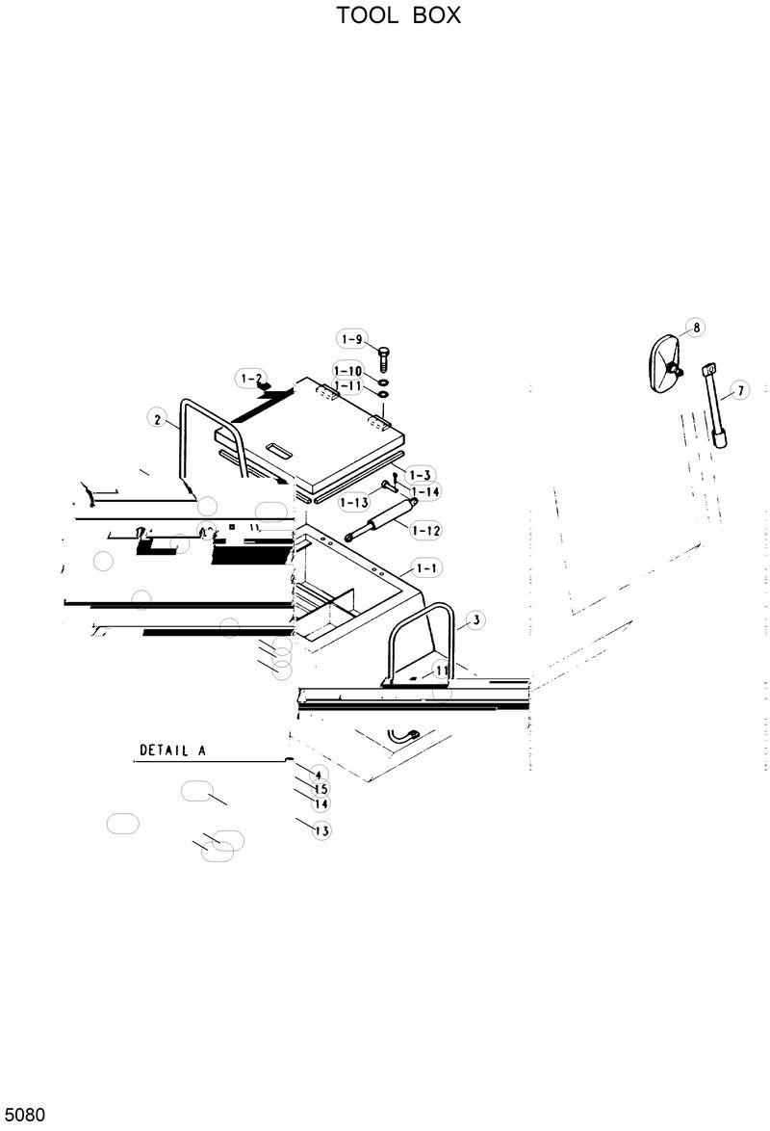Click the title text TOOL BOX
pyautogui.click(x=398, y=16)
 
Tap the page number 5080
pyautogui.click(x=23, y=1116)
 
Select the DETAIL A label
pyautogui.click(x=173, y=750)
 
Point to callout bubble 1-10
pyautogui.click(x=348, y=371)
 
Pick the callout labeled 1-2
pyautogui.click(x=252, y=379)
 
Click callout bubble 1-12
pyautogui.click(x=425, y=530)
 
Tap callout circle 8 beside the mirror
pyautogui.click(x=695, y=328)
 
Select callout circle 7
pyautogui.click(x=738, y=390)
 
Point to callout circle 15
pyautogui.click(x=321, y=789)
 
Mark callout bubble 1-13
pyautogui.click(x=353, y=502)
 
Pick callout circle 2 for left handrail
pyautogui.click(x=156, y=418)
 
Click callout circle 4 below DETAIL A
pyautogui.click(x=320, y=775)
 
